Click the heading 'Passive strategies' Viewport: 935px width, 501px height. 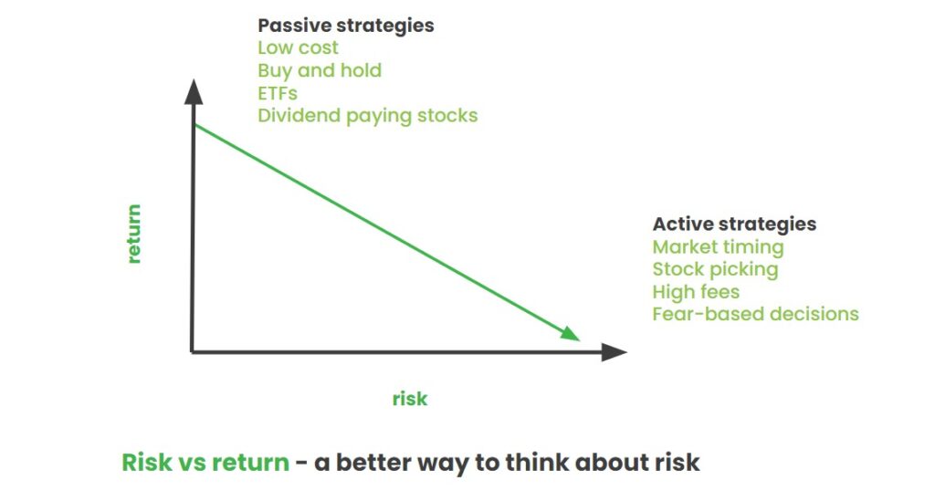pyautogui.click(x=346, y=26)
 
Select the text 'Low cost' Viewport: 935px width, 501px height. pyautogui.click(x=298, y=47)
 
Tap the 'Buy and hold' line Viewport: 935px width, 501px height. pyautogui.click(x=320, y=71)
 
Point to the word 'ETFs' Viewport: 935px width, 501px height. pyautogui.click(x=278, y=93)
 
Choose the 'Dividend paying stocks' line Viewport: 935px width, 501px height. pyautogui.click(x=368, y=116)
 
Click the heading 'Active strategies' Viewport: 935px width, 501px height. pyautogui.click(x=735, y=224)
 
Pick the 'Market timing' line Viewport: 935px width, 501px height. pyautogui.click(x=718, y=247)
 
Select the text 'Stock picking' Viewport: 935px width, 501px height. pyautogui.click(x=716, y=270)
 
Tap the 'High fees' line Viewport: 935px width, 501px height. pyautogui.click(x=696, y=292)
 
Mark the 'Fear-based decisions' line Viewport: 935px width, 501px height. pyautogui.click(x=755, y=314)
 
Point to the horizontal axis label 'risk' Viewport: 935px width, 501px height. pyautogui.click(x=410, y=399)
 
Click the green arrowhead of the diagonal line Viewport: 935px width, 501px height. pyautogui.click(x=571, y=334)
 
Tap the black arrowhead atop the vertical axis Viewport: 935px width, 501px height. pyautogui.click(x=194, y=92)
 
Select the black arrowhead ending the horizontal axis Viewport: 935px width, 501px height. pyautogui.click(x=614, y=352)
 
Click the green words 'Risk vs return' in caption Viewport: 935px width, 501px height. pyautogui.click(x=205, y=463)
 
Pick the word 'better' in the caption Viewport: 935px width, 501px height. pyautogui.click(x=373, y=463)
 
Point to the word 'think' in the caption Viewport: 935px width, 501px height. pyautogui.click(x=536, y=463)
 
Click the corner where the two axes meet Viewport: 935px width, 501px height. pyautogui.click(x=193, y=352)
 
